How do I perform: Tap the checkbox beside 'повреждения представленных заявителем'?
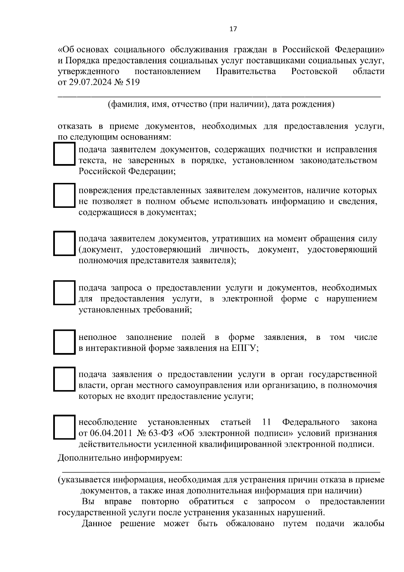pyautogui.click(x=64, y=195)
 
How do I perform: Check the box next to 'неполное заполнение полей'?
pyautogui.click(x=64, y=342)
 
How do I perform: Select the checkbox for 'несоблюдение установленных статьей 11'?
pyautogui.click(x=64, y=427)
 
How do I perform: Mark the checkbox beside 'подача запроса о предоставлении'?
pyautogui.click(x=64, y=293)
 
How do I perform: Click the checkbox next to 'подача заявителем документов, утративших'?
pyautogui.click(x=64, y=243)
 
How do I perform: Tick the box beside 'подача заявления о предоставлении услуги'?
pyautogui.click(x=64, y=379)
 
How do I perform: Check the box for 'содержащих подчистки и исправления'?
pyautogui.click(x=64, y=154)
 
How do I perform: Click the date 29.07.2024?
pyautogui.click(x=91, y=83)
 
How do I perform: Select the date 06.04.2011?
pyautogui.click(x=108, y=433)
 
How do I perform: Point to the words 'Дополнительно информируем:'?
pyautogui.click(x=120, y=458)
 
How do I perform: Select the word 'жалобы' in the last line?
pyautogui.click(x=369, y=524)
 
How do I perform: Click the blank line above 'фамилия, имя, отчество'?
pyautogui.click(x=219, y=96)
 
